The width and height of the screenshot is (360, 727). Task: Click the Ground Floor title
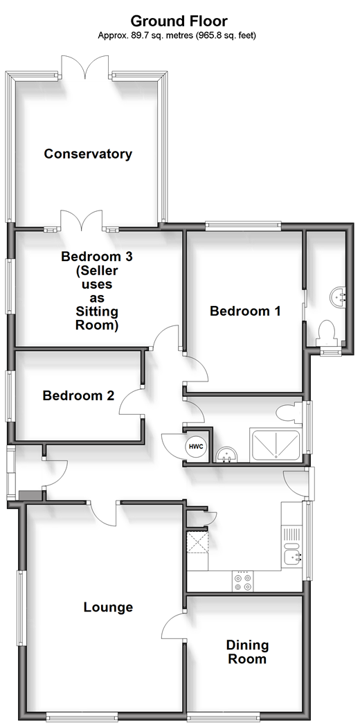[x=179, y=21]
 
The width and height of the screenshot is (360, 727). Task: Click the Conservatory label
[x=88, y=154]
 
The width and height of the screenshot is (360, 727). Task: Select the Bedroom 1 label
[x=245, y=311]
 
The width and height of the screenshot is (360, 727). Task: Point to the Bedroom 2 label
[x=78, y=395]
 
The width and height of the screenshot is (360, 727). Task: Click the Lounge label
[x=108, y=607]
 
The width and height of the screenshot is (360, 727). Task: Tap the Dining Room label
[x=247, y=652]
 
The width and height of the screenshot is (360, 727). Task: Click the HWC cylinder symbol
[x=195, y=447]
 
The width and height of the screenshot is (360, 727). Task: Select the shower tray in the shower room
[x=276, y=446]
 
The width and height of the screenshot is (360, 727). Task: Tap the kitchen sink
[x=293, y=553]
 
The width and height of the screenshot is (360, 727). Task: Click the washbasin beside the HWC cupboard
[x=227, y=454]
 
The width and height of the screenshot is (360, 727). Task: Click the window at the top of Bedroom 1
[x=244, y=226]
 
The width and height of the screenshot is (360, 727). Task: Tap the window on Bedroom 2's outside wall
[x=9, y=395]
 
